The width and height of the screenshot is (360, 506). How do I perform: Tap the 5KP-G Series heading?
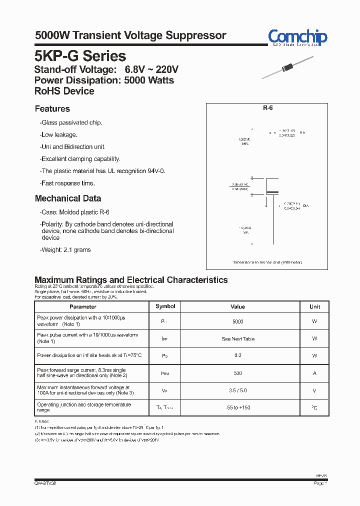(80, 56)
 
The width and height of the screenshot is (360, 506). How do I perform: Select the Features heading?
(52, 109)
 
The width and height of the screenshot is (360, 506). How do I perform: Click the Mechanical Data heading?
(67, 198)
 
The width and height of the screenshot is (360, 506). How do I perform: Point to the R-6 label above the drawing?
(267, 108)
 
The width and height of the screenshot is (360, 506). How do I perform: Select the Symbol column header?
(165, 306)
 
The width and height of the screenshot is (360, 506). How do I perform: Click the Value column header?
(238, 306)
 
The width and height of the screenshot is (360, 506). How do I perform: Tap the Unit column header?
(314, 306)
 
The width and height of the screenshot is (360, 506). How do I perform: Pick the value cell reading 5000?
(238, 321)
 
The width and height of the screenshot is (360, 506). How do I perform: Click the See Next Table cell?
(238, 339)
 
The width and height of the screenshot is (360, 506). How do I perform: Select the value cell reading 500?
(238, 373)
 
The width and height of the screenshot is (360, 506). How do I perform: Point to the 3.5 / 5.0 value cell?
(238, 390)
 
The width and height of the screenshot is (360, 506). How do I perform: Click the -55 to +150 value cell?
(238, 408)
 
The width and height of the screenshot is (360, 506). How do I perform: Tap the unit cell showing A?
(314, 373)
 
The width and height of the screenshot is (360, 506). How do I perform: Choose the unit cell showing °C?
(314, 408)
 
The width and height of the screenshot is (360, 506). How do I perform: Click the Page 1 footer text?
(320, 483)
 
